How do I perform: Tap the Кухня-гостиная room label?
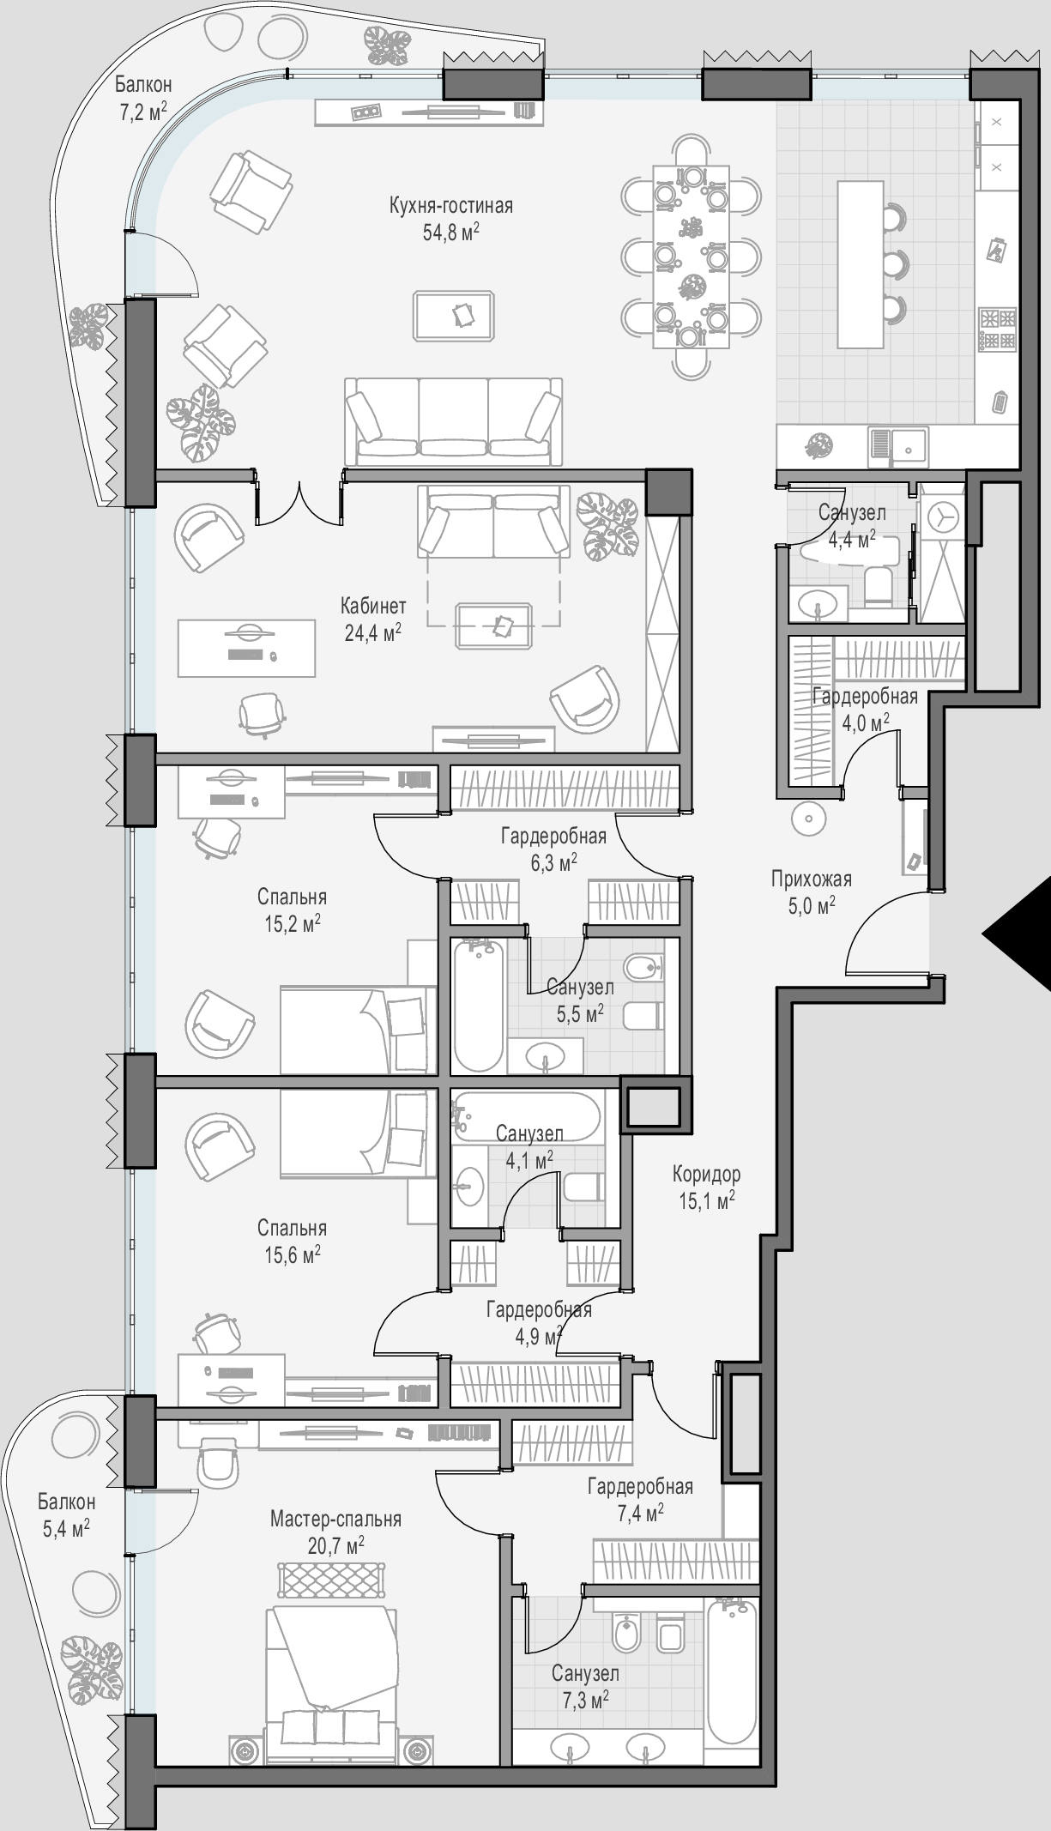[450, 206]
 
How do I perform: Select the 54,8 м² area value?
[450, 233]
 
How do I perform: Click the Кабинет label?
[373, 606]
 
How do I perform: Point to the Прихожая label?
[812, 879]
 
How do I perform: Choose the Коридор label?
[707, 1174]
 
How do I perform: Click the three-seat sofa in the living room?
[454, 421]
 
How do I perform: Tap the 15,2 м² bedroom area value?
[293, 924]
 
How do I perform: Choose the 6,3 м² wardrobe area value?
[553, 863]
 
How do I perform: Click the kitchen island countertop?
[861, 264]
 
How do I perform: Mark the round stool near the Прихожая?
[808, 818]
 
